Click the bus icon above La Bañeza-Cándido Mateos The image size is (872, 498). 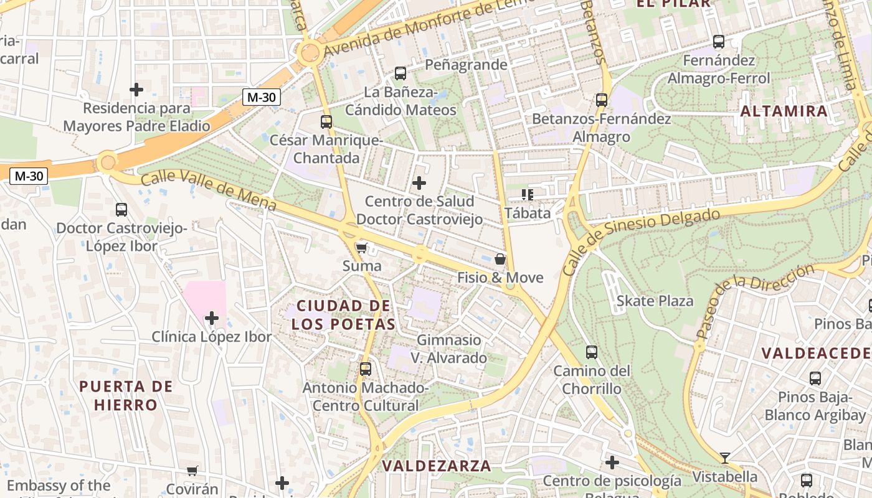click(x=400, y=73)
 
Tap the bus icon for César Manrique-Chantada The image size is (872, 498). click(x=326, y=122)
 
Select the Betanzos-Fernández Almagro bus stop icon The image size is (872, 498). click(x=602, y=100)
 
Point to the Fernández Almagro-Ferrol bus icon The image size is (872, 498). click(x=719, y=42)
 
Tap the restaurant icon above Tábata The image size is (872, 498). click(x=528, y=195)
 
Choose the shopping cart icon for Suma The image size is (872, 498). click(x=361, y=248)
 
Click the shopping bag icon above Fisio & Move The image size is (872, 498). click(x=500, y=259)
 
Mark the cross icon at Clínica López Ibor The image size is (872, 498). click(x=212, y=319)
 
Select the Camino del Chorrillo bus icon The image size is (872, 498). click(x=592, y=352)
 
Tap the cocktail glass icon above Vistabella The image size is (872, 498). click(x=725, y=458)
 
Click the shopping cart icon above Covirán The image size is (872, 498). click(x=192, y=471)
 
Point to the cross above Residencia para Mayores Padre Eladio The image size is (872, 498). click(x=136, y=90)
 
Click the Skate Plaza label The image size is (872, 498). click(x=655, y=301)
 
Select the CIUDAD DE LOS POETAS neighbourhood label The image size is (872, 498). click(x=344, y=315)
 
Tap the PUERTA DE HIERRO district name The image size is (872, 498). click(x=126, y=396)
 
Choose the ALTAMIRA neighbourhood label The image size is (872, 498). click(x=784, y=111)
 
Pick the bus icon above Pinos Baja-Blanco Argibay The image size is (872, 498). click(x=815, y=378)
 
